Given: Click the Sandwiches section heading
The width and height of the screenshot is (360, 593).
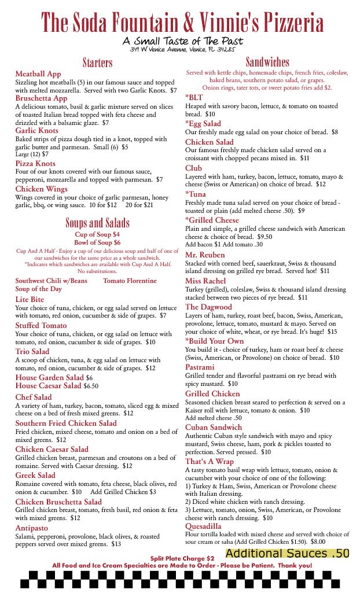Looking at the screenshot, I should click(x=267, y=62).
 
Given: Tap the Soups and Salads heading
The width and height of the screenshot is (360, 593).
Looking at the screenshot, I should click(x=97, y=223).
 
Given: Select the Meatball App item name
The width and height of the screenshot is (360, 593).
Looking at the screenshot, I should click(x=38, y=74).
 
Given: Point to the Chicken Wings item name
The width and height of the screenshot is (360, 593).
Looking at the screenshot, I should click(x=42, y=189).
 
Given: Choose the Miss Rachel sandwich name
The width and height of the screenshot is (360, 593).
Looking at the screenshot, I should click(x=206, y=281).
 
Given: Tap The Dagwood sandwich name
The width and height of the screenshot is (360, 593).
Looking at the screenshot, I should click(x=208, y=307).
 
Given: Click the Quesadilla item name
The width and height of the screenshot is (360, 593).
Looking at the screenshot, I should click(x=203, y=526).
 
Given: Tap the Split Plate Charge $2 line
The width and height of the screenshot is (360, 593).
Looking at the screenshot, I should click(x=182, y=558).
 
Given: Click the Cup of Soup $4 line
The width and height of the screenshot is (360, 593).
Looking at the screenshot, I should click(x=97, y=234).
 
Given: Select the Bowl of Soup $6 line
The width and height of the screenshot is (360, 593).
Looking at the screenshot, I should click(x=97, y=242).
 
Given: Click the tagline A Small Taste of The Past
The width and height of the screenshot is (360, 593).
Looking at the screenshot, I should click(x=182, y=41).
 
